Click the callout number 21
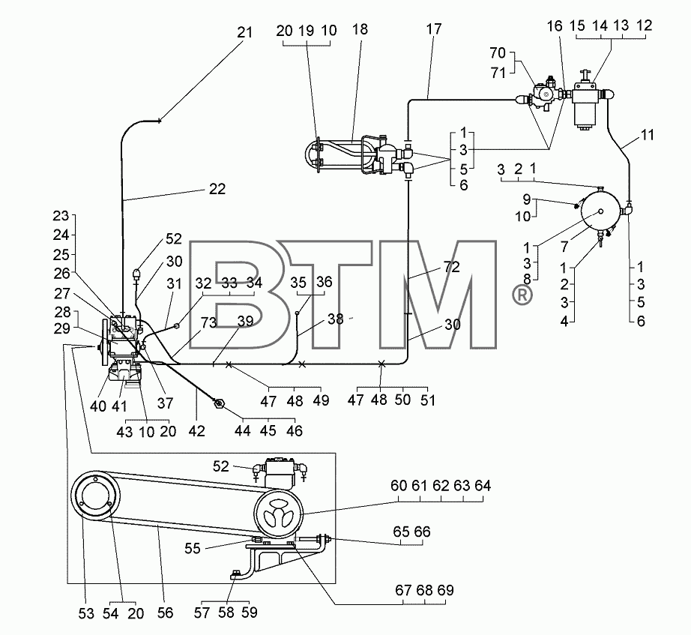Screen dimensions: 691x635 coord(244,33)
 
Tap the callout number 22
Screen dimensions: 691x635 coord(217,189)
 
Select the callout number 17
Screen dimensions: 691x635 coord(434,29)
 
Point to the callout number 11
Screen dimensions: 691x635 coord(647,135)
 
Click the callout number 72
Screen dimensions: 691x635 coord(451,267)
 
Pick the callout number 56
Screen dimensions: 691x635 coord(166,613)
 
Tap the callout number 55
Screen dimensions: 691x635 coord(193,548)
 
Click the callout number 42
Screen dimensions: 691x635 coord(196,431)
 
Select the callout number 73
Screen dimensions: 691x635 coord(208,322)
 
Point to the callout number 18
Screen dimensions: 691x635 coord(360,29)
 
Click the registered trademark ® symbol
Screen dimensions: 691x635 coord(522,295)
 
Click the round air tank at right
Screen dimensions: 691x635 coord(600,211)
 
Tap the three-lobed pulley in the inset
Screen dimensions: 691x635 coord(279,514)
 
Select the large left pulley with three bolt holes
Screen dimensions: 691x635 coord(96,496)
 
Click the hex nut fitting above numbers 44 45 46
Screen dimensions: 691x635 coord(219,403)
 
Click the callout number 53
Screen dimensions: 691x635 coord(86,613)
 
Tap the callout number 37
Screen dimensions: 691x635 coord(166,403)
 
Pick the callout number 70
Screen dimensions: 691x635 coord(498,53)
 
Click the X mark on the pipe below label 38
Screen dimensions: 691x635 coord(302,364)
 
